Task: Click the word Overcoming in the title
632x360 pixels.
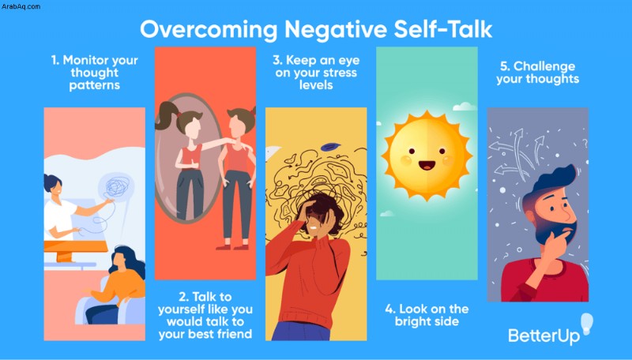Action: pos(209,30)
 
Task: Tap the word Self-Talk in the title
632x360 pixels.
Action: pos(443,29)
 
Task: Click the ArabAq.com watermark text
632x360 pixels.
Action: pos(21,6)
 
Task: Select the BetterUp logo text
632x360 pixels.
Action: pos(544,336)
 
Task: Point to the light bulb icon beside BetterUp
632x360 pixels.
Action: pos(587,324)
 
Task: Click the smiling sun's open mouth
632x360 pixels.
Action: pos(427,165)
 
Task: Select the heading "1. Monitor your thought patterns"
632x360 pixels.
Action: pos(94,73)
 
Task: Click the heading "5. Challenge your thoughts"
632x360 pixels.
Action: pos(538,73)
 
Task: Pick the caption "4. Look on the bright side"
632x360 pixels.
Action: pos(427,315)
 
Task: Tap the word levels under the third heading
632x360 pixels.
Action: pos(316,85)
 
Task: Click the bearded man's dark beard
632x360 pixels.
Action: pos(559,231)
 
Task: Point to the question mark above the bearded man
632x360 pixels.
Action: pos(585,143)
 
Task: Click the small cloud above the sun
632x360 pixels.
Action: pos(465,107)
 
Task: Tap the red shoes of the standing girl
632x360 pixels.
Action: pos(232,246)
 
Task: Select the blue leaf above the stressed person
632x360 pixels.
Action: pos(330,147)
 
